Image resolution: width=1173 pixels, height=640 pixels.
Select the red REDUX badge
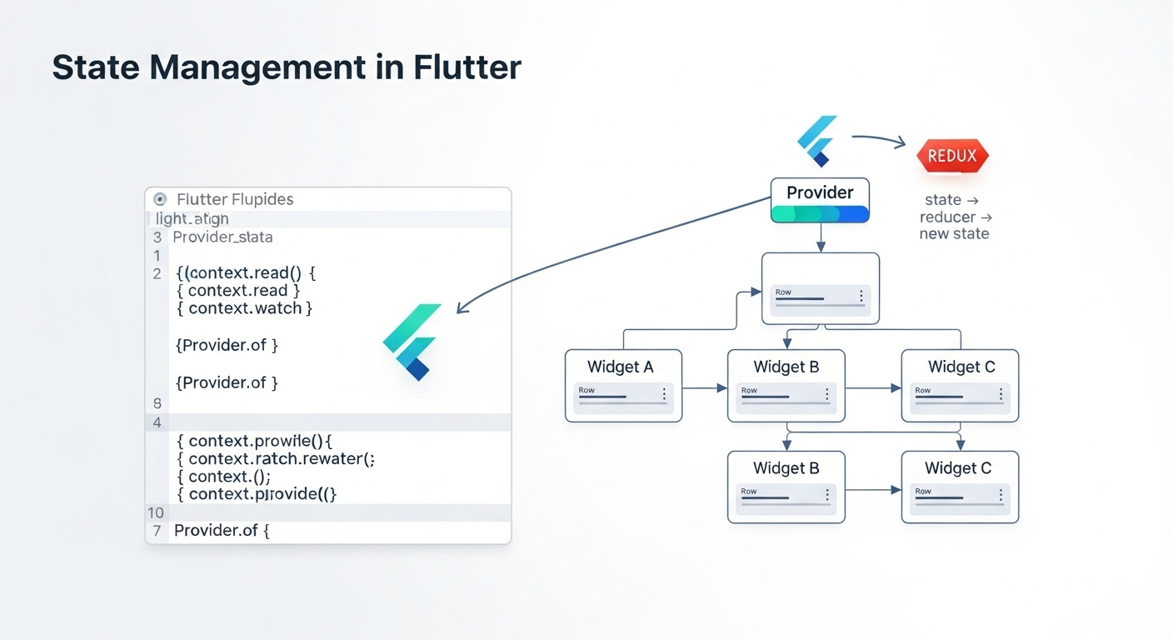952,156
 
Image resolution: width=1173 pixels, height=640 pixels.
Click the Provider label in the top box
820,192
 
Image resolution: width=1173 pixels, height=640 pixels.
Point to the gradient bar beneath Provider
820,213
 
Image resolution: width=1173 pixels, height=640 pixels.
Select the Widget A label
621,367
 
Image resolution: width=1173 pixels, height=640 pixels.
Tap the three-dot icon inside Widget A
664,394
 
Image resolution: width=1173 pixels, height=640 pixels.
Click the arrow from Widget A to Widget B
705,387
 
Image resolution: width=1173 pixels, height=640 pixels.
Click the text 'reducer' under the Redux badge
948,217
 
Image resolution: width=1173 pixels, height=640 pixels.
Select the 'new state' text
954,234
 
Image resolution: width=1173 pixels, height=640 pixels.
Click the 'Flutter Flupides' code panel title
235,200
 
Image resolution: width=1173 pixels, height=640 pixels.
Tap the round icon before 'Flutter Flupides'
161,200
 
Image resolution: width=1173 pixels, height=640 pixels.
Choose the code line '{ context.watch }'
245,308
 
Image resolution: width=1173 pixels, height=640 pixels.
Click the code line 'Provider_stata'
222,237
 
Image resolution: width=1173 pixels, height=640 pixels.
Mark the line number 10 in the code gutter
156,512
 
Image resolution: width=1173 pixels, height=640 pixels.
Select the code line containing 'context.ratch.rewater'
276,459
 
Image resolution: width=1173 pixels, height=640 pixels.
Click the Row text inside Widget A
586,390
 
